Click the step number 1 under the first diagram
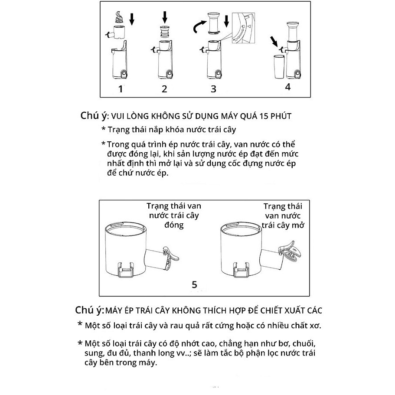pos(121,90)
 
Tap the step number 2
pos(164,90)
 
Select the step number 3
pos(213,89)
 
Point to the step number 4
pos(287,86)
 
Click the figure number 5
pos(194,285)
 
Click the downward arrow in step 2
pos(165,18)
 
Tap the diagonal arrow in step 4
pos(274,42)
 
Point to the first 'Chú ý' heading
pos(92,116)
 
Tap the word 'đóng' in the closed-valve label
pos(174,225)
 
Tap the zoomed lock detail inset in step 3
pos(242,28)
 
